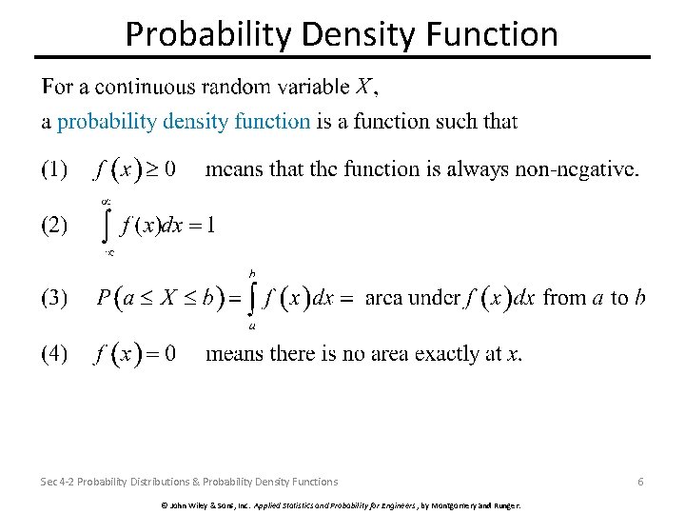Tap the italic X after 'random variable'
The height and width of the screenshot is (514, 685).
(x=363, y=88)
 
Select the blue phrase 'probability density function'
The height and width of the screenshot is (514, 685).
(x=184, y=121)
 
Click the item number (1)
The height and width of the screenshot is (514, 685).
(x=53, y=170)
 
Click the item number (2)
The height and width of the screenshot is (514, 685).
(x=53, y=226)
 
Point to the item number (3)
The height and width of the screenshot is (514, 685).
(x=53, y=298)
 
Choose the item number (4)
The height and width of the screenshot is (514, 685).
(x=53, y=354)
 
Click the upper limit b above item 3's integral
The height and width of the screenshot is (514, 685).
(x=252, y=272)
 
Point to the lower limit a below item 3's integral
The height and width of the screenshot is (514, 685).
(x=251, y=326)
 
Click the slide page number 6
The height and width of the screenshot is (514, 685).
(x=640, y=482)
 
